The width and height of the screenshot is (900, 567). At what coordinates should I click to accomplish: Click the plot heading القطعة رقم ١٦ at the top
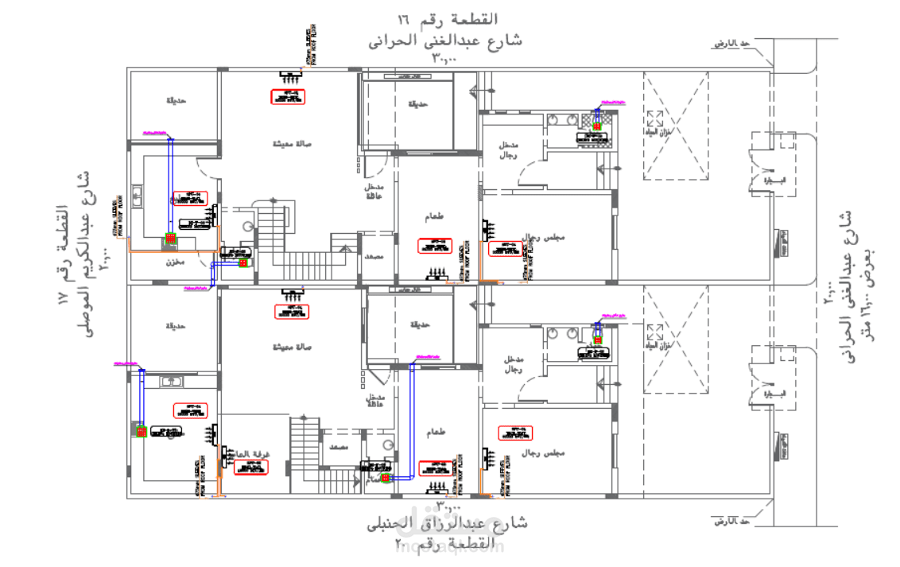[448, 18]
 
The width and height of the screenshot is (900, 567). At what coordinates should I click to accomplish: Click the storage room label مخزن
[175, 262]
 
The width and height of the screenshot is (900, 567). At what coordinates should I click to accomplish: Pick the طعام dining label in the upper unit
[435, 217]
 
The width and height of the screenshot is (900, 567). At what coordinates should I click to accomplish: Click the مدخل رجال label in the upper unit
[508, 149]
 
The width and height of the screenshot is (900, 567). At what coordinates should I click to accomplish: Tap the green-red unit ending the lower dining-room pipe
[386, 479]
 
